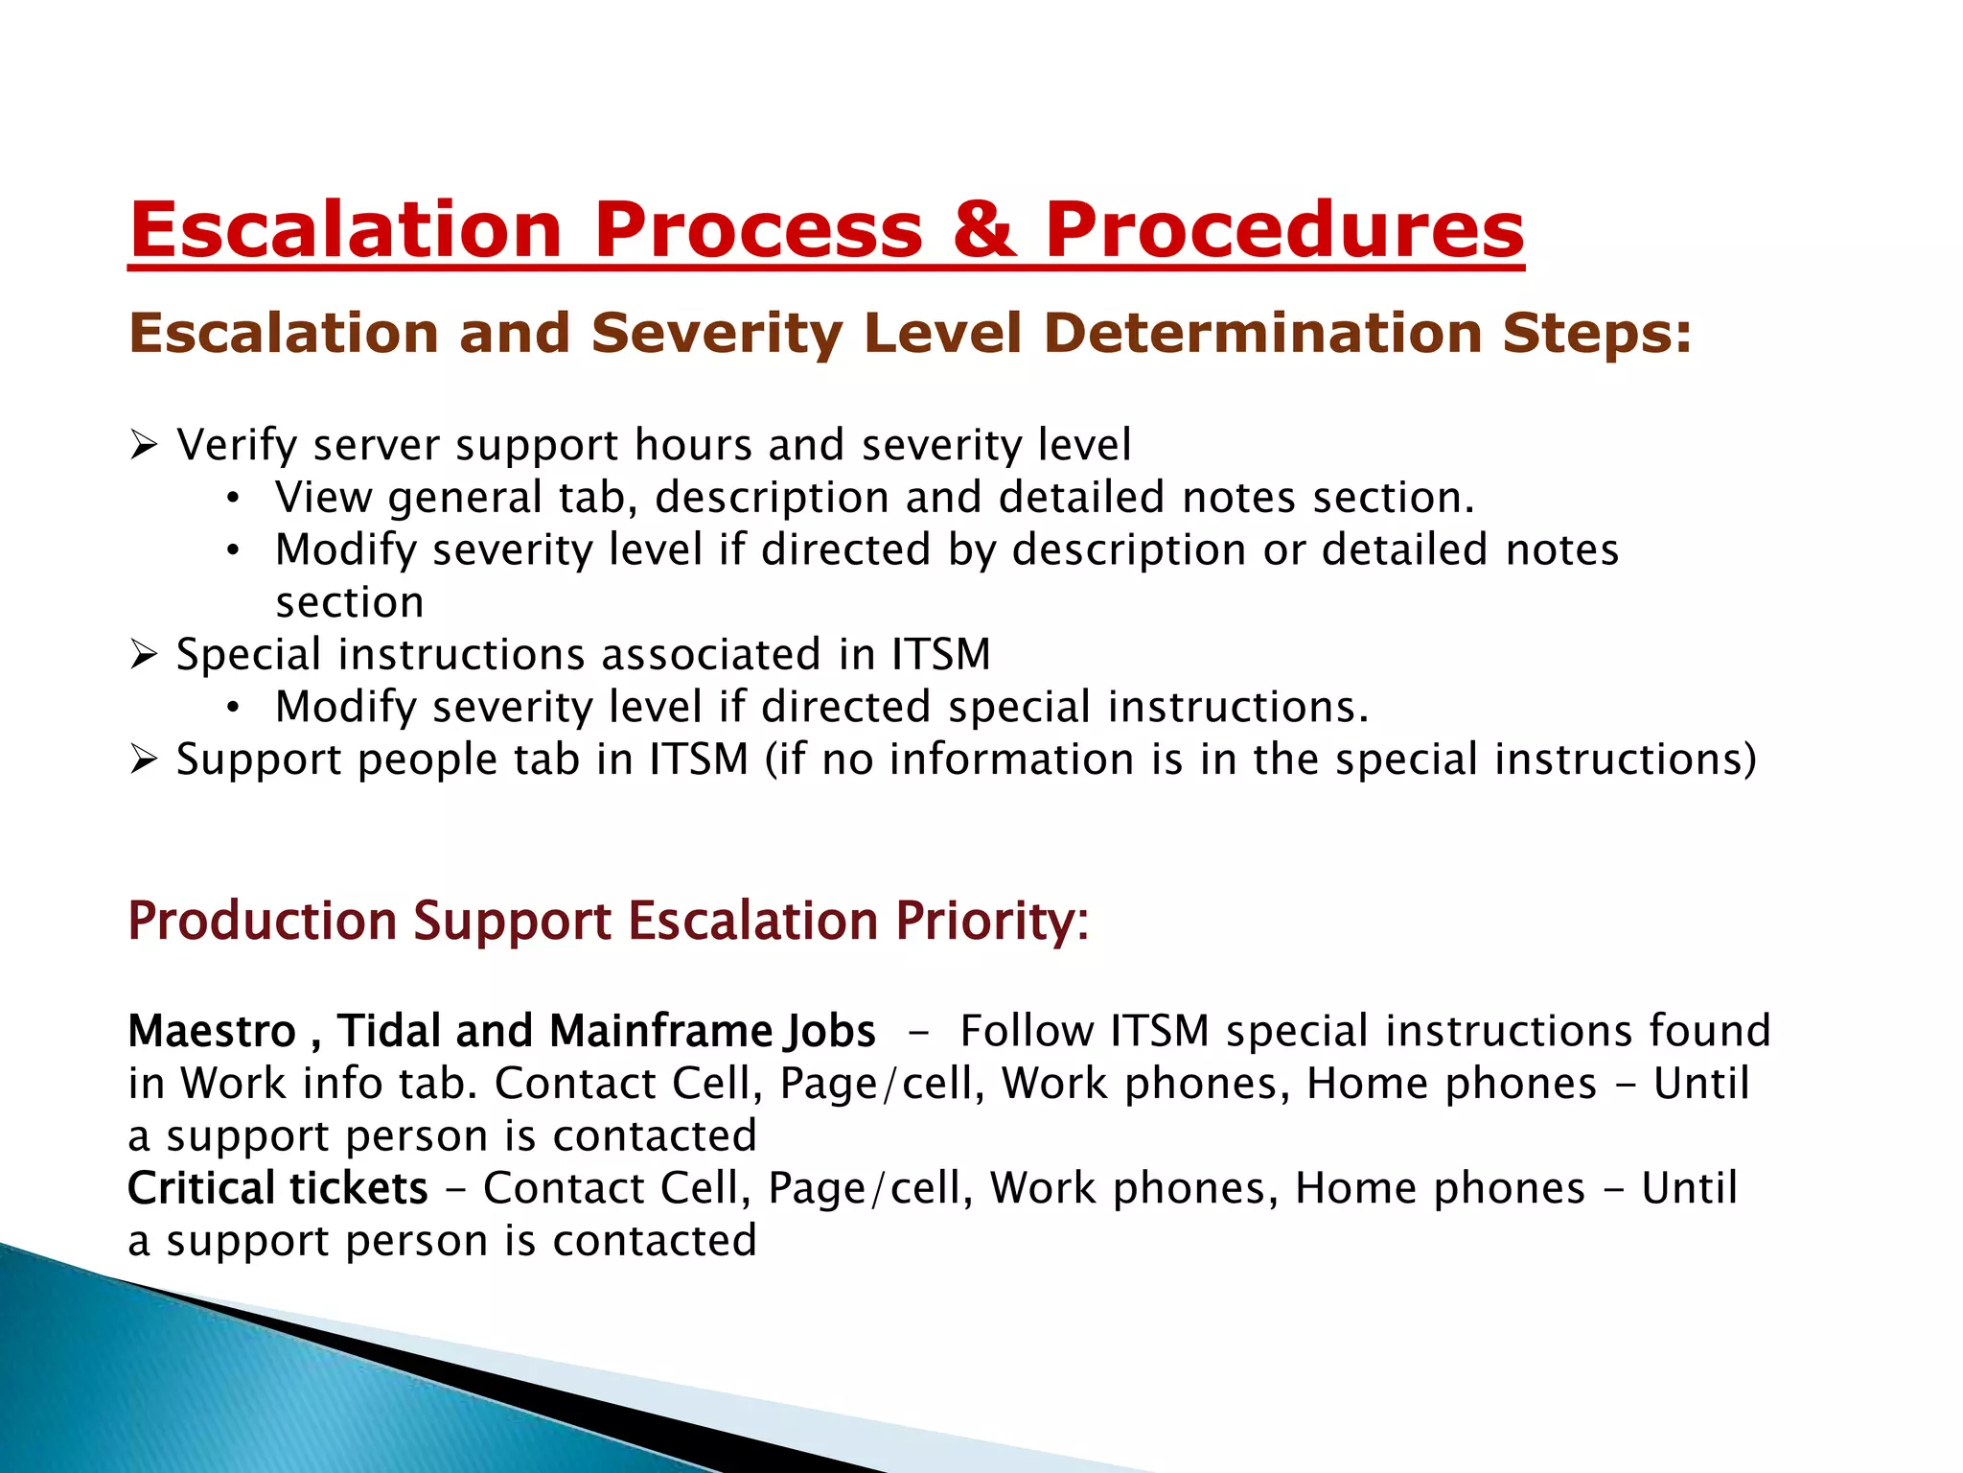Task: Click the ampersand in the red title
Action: [983, 230]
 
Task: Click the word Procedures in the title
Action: [1283, 230]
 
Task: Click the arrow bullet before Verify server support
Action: [144, 445]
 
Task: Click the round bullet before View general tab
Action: [233, 499]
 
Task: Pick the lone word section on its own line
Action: [349, 602]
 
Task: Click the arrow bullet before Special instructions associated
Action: [144, 655]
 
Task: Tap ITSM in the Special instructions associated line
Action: [940, 654]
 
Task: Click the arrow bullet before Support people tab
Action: [144, 760]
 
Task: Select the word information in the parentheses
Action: [1012, 760]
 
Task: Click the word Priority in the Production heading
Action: [991, 921]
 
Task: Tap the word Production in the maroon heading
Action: [262, 921]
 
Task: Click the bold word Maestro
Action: [212, 1032]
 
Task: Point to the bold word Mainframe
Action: [661, 1032]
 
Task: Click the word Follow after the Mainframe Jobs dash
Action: [1027, 1032]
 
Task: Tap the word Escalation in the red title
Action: [346, 230]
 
